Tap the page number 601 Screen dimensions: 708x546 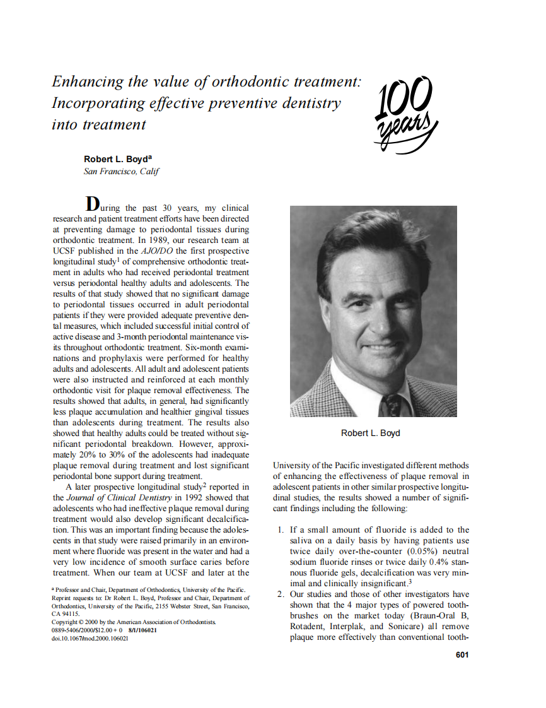click(462, 654)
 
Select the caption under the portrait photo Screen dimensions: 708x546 click(370, 433)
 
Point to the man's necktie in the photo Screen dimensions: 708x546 click(392, 404)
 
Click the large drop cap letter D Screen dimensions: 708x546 click(92, 204)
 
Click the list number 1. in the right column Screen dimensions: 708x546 click(282, 530)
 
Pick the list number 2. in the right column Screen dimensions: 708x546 click(282, 594)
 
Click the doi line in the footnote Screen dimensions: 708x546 click(90, 639)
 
